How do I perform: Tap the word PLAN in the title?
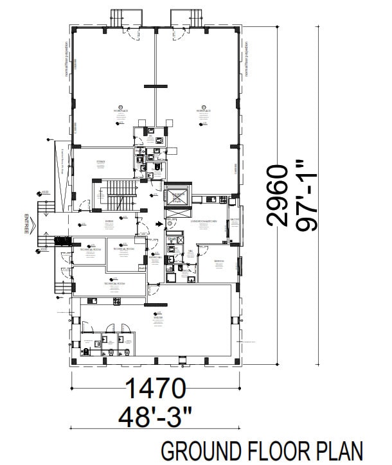(x=343, y=452)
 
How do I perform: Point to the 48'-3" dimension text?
(x=156, y=417)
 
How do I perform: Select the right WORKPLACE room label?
(x=204, y=111)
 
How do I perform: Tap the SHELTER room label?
(x=157, y=317)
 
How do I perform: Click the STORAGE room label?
(x=101, y=161)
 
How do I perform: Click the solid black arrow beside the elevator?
(x=159, y=224)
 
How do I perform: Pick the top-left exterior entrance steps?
(x=123, y=17)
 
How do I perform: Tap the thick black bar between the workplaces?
(x=156, y=86)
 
